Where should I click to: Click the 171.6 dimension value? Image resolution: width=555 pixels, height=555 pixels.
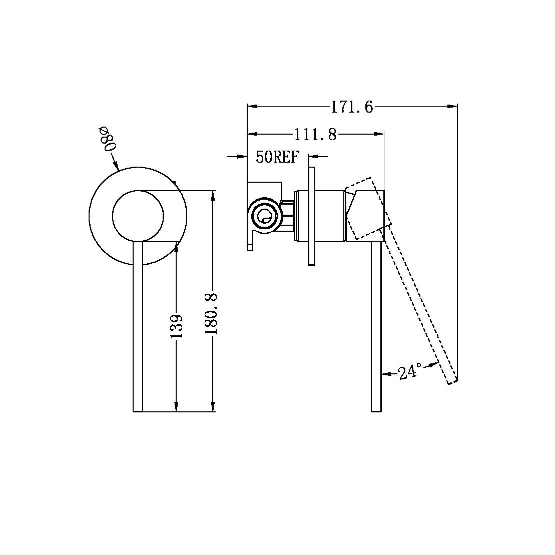click(x=352, y=107)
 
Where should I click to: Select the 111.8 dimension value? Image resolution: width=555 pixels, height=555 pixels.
click(x=315, y=135)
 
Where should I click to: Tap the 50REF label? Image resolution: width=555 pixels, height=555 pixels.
click(x=277, y=157)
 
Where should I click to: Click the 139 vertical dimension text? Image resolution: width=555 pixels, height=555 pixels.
click(x=177, y=326)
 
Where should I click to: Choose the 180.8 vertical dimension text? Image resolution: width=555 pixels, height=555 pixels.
click(x=211, y=314)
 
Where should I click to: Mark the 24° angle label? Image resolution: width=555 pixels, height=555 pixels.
click(x=410, y=371)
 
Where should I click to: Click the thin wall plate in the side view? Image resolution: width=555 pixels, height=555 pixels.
click(x=311, y=216)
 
